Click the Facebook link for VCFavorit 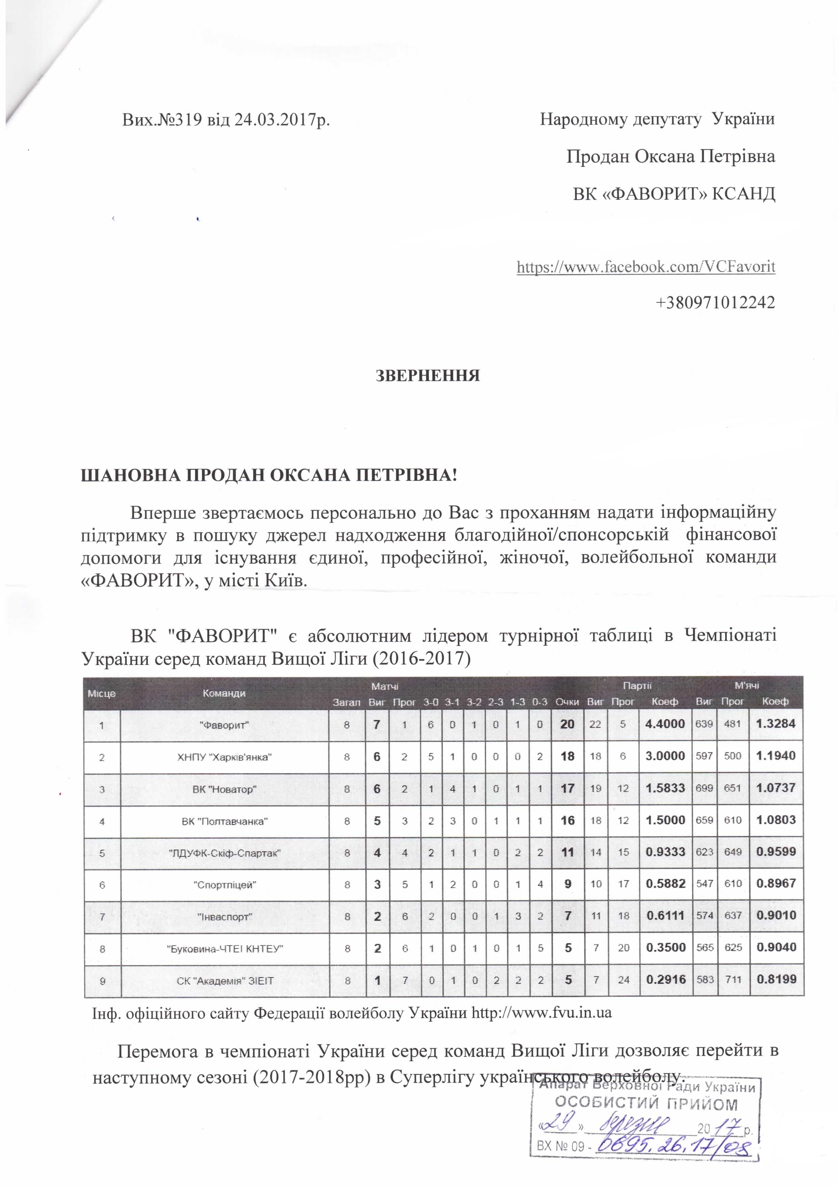645,267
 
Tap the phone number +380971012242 715,302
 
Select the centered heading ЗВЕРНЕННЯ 428,375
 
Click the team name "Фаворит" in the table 224,725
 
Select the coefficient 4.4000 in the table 665,724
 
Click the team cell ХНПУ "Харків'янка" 224,757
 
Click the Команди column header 224,693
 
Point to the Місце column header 102,693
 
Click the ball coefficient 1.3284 776,724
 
